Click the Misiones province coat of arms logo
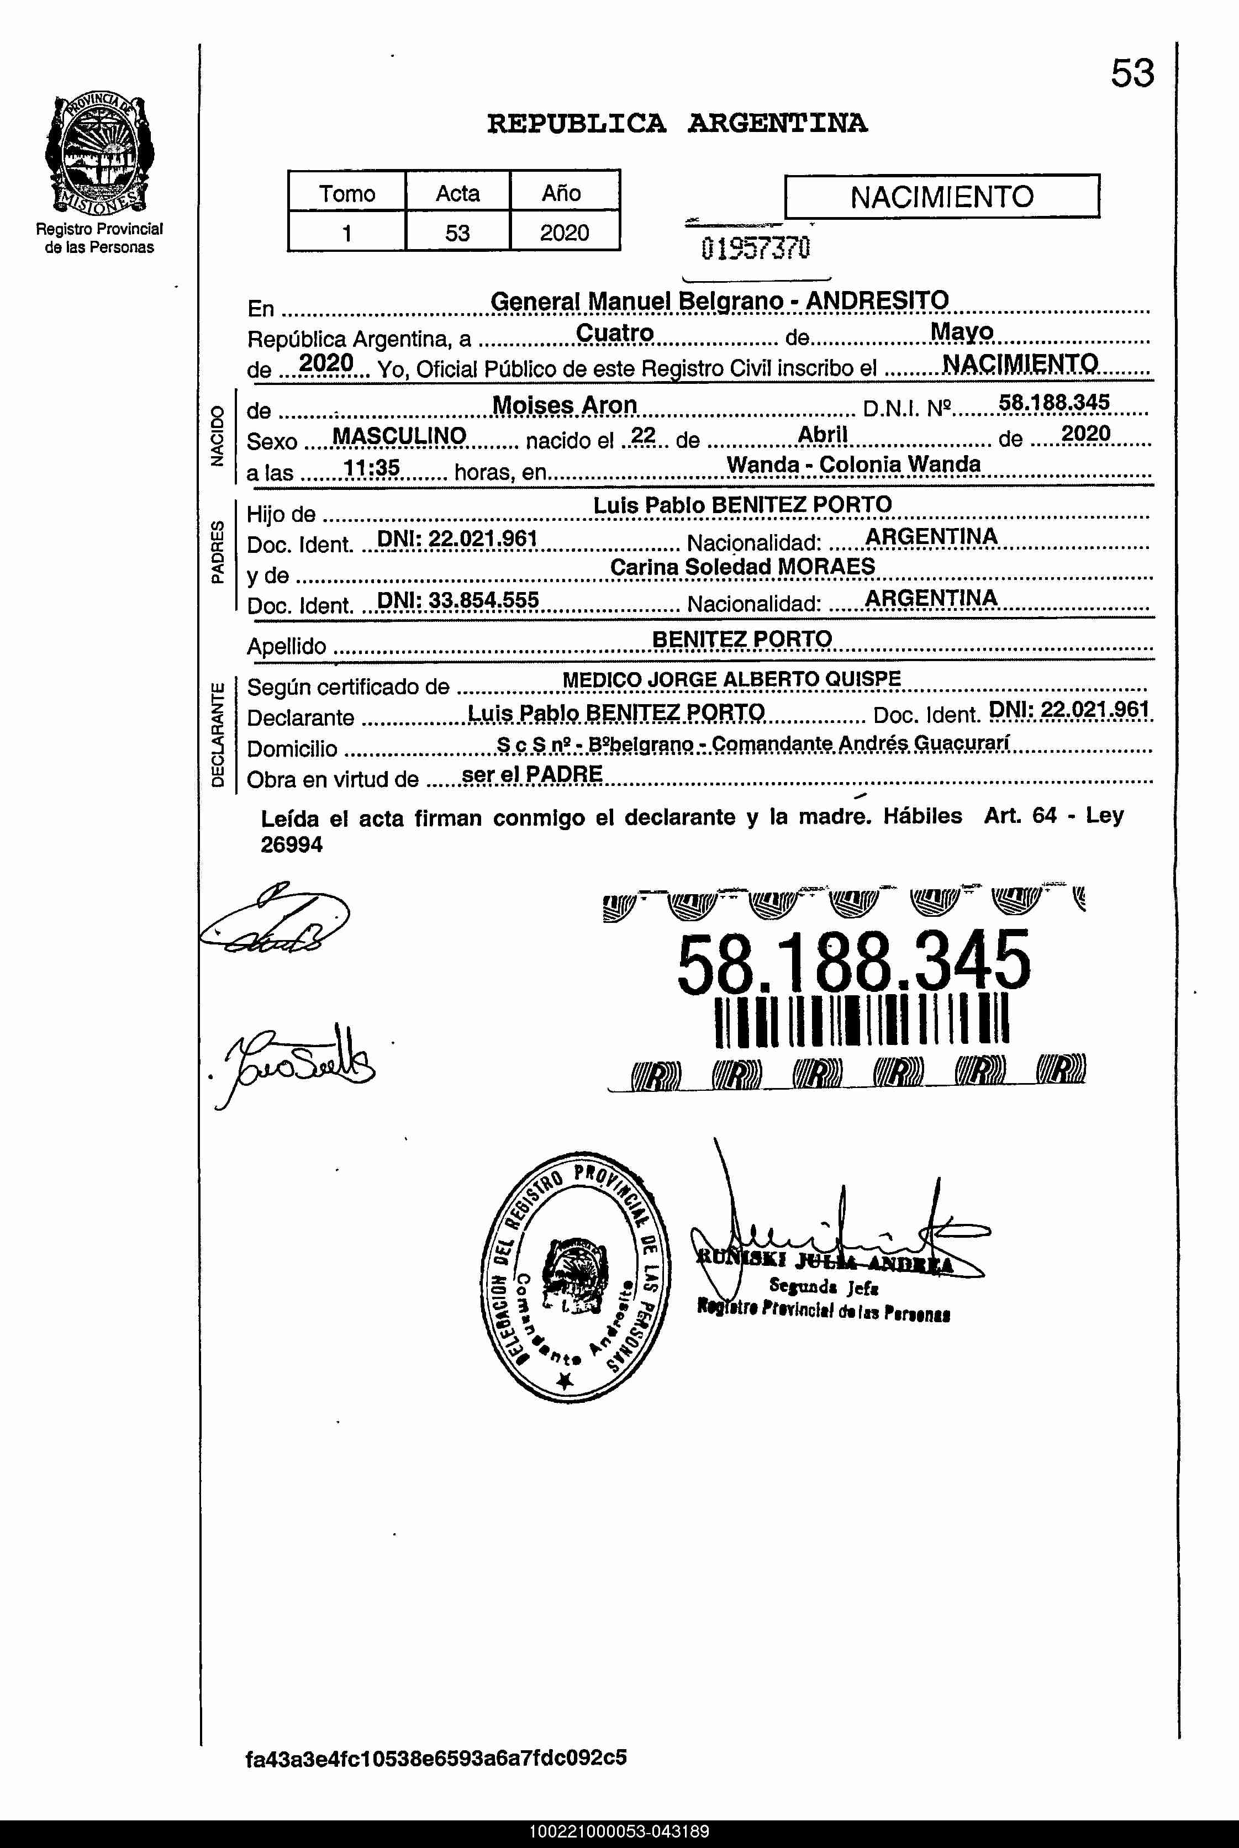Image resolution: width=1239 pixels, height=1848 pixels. (x=99, y=154)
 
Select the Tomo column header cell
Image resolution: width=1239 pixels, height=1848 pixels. (x=347, y=193)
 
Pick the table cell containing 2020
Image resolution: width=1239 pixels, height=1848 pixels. (x=564, y=233)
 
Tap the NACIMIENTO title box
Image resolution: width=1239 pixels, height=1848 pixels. (x=941, y=196)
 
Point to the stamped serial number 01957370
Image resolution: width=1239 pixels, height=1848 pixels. (x=756, y=249)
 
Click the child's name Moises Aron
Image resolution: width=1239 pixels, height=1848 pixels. (x=564, y=405)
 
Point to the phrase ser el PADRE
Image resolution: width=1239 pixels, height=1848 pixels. (x=532, y=774)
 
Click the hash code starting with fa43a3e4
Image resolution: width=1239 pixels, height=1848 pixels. (x=436, y=1758)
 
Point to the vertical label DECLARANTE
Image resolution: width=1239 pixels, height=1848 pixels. (x=218, y=735)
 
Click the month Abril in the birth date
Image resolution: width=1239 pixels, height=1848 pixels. (x=822, y=435)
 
